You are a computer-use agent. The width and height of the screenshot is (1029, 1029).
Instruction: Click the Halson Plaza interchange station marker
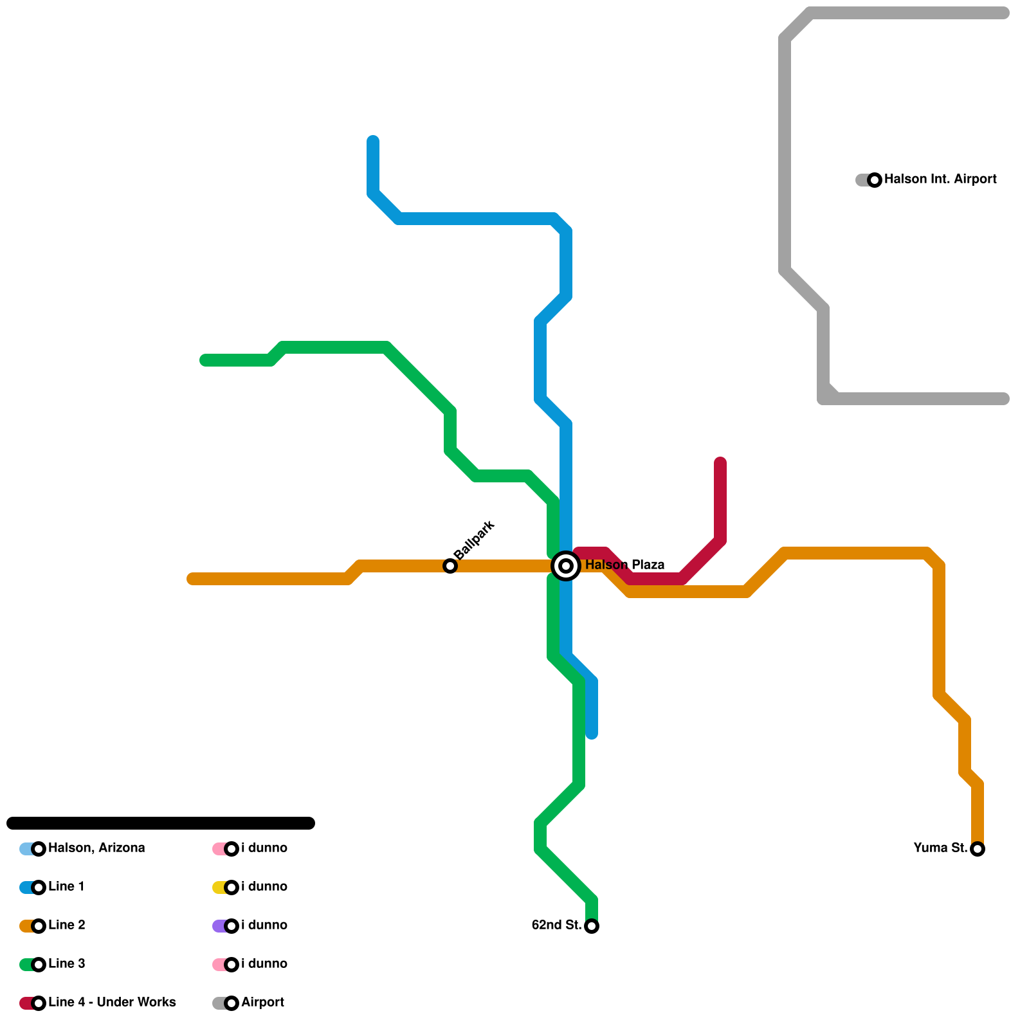tap(566, 566)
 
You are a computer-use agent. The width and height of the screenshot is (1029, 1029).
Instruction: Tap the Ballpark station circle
tap(450, 566)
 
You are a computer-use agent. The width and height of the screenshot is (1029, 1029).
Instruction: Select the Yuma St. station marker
tap(978, 849)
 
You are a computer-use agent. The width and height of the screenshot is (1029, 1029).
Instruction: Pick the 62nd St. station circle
tap(592, 926)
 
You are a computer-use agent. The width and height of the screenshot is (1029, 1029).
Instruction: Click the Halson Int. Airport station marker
tap(875, 180)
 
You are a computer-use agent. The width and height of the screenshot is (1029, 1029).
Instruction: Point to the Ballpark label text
tap(474, 540)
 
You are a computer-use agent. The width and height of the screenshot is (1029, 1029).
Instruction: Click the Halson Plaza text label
tap(624, 565)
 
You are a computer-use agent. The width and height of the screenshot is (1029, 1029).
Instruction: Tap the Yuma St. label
tap(940, 848)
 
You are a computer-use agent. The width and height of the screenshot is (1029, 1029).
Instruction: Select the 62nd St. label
tap(556, 925)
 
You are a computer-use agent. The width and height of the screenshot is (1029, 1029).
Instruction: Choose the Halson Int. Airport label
tap(940, 179)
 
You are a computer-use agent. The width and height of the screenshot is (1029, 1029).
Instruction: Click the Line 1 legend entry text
tap(66, 887)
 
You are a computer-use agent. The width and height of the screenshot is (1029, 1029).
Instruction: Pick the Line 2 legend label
tap(66, 925)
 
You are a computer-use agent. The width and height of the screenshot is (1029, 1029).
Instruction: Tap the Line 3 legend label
tap(66, 964)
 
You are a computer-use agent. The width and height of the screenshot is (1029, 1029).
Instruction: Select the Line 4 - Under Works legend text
tap(112, 1003)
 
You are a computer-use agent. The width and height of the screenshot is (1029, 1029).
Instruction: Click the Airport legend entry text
tap(262, 1003)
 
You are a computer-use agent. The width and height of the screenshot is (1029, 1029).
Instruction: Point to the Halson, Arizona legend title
tap(96, 848)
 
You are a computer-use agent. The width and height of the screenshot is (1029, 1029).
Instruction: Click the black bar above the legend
tap(161, 823)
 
